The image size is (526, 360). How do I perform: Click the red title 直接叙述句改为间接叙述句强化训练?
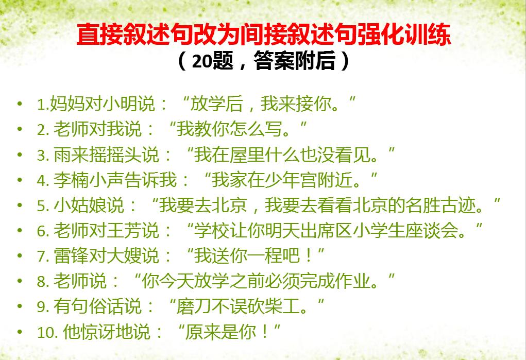263,36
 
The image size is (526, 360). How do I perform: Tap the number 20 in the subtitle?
202,62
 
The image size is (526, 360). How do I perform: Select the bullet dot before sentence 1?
20,105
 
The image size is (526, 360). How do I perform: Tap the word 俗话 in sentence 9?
106,306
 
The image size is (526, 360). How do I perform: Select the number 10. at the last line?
48,332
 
